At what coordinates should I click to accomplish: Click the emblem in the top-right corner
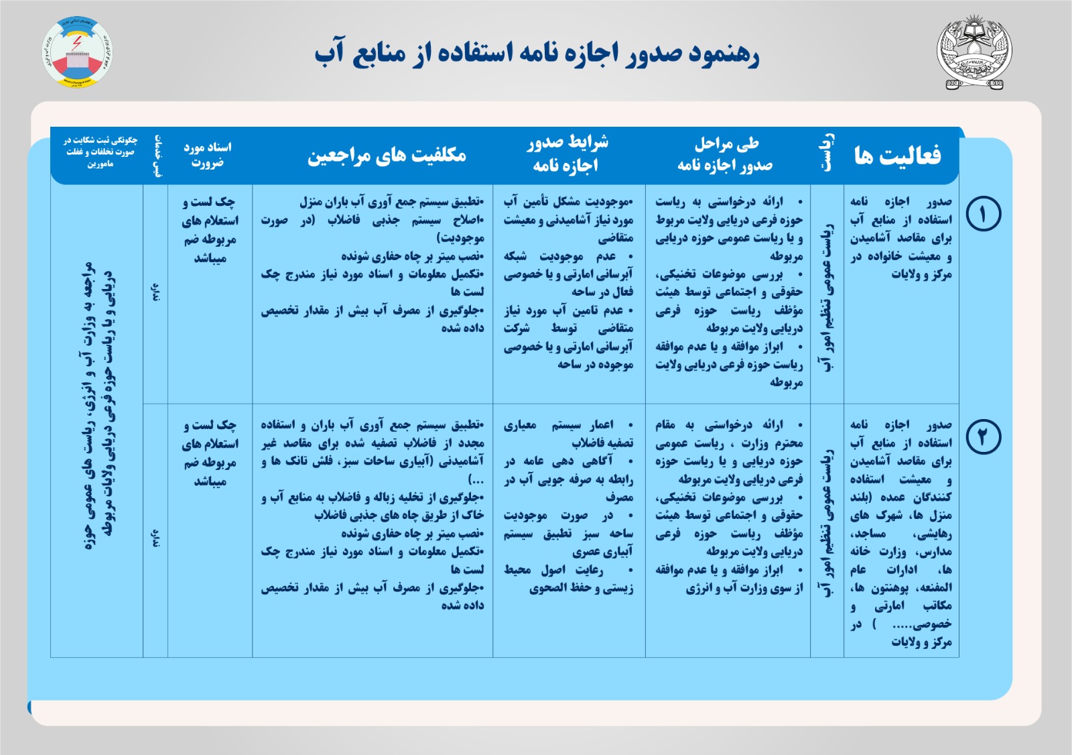click(974, 54)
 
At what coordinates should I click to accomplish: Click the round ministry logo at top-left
click(77, 52)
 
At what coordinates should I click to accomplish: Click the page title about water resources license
click(537, 54)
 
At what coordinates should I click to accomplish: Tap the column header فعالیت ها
click(897, 156)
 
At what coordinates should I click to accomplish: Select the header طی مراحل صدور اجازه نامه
click(726, 154)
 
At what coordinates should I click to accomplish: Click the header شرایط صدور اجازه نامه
click(567, 154)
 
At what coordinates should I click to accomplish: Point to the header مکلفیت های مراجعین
click(387, 156)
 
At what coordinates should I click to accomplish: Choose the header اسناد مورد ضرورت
click(208, 154)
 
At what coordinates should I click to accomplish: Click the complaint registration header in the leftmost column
click(100, 152)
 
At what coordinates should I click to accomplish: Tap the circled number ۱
click(983, 215)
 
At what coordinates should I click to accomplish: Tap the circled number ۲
click(983, 437)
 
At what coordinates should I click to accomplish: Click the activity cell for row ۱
click(900, 238)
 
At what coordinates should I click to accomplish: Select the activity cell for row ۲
click(900, 533)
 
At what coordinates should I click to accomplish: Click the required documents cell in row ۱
click(210, 230)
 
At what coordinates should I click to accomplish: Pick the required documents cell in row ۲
click(210, 453)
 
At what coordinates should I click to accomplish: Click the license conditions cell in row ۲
click(569, 506)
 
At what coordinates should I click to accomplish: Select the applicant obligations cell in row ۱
click(373, 265)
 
